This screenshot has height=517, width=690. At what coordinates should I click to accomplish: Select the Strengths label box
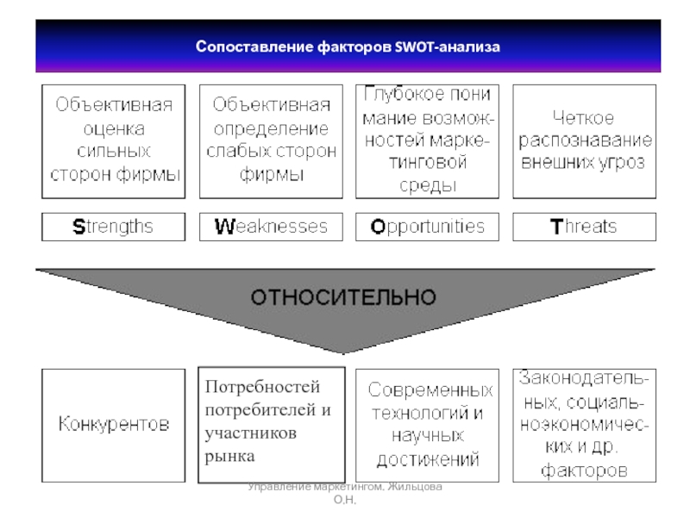click(114, 227)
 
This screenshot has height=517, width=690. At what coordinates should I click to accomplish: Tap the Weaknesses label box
click(271, 227)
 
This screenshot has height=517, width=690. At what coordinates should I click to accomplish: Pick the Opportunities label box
click(428, 227)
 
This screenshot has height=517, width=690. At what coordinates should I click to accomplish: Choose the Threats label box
click(584, 227)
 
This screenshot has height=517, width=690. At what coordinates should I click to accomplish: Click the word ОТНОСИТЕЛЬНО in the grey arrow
click(343, 296)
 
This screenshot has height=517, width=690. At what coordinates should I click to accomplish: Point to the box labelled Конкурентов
click(114, 424)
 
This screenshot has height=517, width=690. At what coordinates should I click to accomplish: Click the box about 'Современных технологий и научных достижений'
click(428, 424)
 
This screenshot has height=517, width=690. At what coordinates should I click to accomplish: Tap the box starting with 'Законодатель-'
click(584, 424)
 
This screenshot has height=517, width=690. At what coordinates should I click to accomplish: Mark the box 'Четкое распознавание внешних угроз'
click(584, 141)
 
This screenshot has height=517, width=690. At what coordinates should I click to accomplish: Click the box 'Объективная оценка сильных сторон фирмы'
click(114, 141)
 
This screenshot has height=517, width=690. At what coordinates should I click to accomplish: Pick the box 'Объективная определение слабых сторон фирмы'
click(271, 141)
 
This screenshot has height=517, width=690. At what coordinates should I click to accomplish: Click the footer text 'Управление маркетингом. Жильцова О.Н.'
click(345, 493)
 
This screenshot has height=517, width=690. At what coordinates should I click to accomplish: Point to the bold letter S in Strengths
click(78, 227)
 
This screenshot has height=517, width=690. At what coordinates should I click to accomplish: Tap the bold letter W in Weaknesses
click(224, 227)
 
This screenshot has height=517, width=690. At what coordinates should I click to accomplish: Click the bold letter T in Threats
click(556, 227)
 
